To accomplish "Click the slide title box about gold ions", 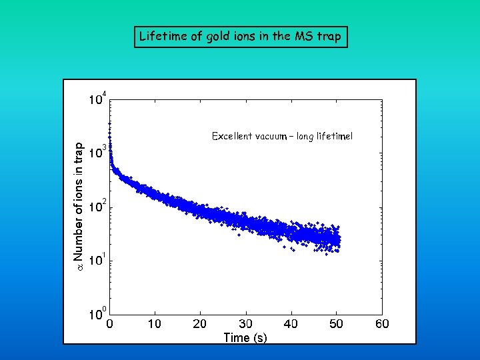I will (x=241, y=37).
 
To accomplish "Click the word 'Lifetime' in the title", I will (x=161, y=37).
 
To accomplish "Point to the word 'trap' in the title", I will (x=328, y=37).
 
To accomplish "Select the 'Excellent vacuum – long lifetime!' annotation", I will (x=282, y=136).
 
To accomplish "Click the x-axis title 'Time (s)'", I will (x=245, y=337).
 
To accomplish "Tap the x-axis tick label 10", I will (x=154, y=324).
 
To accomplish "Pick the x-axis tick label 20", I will (x=199, y=324).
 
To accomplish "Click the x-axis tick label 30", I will (x=245, y=324).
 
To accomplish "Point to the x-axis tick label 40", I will (x=291, y=324).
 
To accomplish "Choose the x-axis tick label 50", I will (x=336, y=324).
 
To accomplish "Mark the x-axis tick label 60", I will (x=381, y=324).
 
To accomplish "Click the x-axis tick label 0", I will (x=109, y=324).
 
